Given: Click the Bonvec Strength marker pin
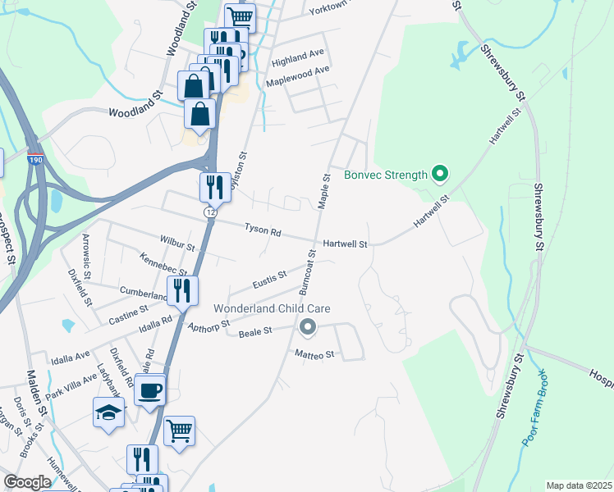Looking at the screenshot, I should (440, 174).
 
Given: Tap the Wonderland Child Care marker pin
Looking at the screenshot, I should (308, 328).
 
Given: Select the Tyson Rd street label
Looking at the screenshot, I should (263, 230).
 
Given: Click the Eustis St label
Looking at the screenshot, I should (269, 278).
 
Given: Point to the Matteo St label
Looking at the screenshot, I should (316, 354).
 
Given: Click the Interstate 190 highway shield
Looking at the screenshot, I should (34, 161).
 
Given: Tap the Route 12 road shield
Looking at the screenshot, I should (210, 212).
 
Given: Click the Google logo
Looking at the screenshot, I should (27, 483).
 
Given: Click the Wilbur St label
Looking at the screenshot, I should (177, 245).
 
